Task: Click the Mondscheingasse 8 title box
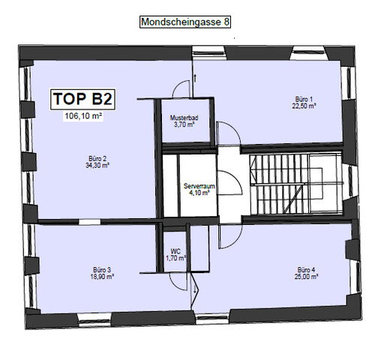(x=185, y=22)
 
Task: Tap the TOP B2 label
(x=82, y=99)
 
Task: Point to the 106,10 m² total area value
(x=83, y=116)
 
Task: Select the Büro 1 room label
(x=304, y=99)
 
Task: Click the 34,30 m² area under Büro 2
(x=97, y=166)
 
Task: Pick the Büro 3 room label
(x=102, y=270)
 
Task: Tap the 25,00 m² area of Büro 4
(x=306, y=277)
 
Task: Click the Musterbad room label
(x=184, y=118)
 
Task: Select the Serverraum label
(x=199, y=186)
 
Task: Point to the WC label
(x=175, y=251)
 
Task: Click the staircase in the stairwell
(x=296, y=184)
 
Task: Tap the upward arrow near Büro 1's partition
(x=195, y=78)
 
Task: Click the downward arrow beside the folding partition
(x=194, y=289)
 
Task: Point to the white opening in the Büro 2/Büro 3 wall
(x=89, y=222)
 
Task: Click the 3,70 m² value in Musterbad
(x=184, y=124)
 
